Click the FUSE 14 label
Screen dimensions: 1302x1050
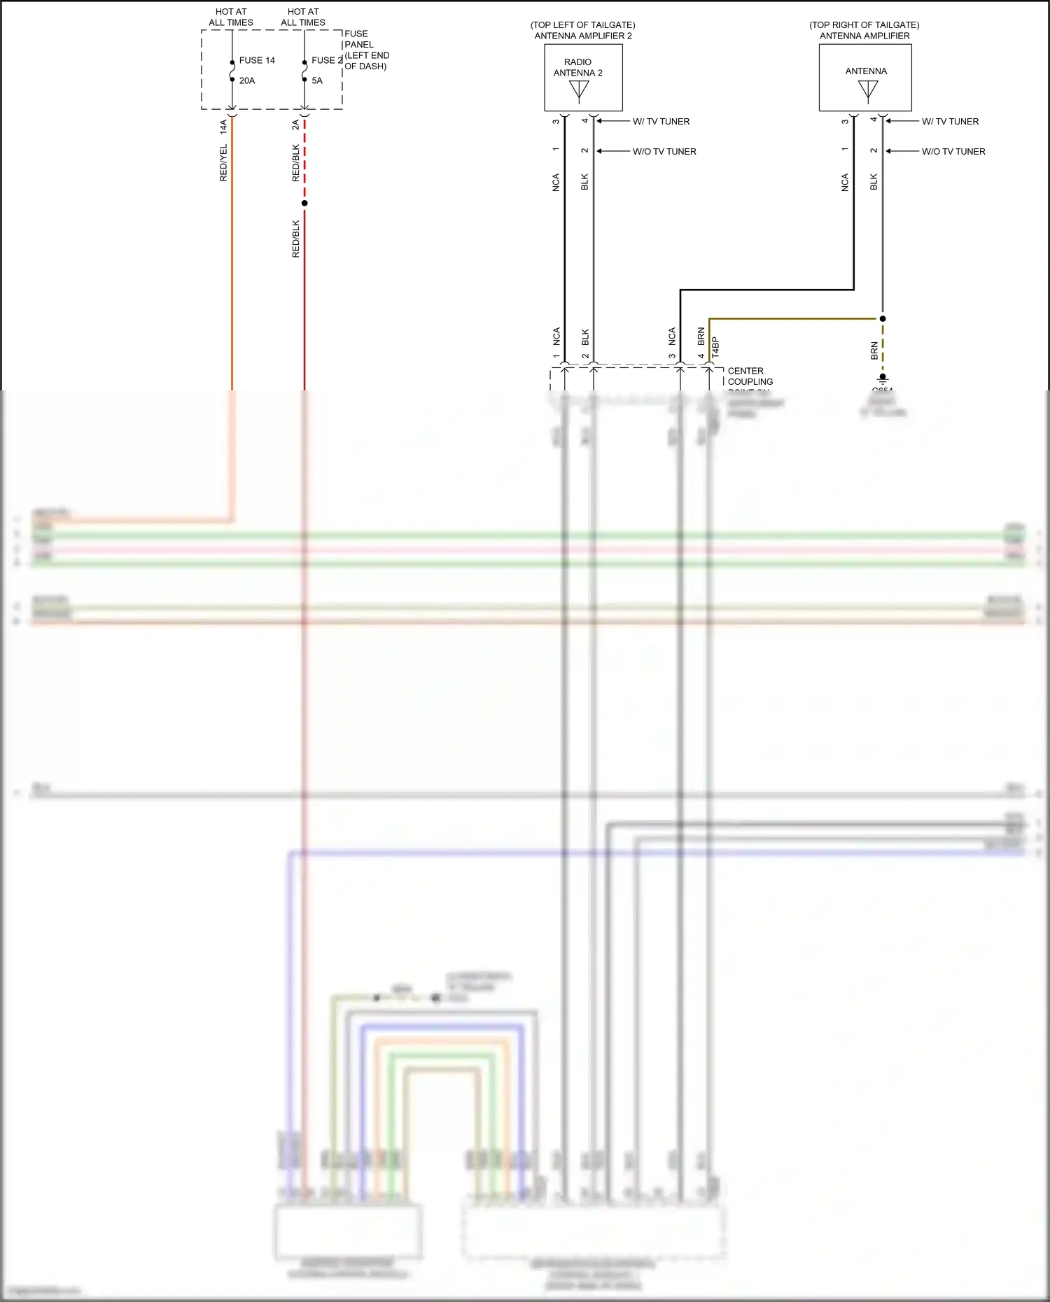[257, 61]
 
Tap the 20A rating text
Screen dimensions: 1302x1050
[247, 81]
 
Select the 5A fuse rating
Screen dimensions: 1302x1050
[317, 81]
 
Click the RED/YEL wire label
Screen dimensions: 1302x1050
[224, 163]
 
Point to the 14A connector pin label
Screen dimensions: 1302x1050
[224, 127]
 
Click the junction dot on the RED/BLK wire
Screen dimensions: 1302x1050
[304, 204]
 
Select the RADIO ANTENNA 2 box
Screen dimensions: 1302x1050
[583, 78]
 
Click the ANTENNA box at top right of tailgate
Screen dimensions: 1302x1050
[865, 78]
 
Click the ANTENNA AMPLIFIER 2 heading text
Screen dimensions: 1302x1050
[583, 36]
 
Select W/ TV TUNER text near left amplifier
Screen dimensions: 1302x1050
[661, 122]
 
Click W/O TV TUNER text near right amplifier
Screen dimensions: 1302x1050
[953, 152]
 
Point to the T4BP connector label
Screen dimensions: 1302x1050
[715, 347]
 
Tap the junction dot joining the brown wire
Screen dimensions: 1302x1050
[883, 319]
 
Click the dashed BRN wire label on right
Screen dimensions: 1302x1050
[874, 351]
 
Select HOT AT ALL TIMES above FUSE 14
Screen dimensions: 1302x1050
[231, 17]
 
